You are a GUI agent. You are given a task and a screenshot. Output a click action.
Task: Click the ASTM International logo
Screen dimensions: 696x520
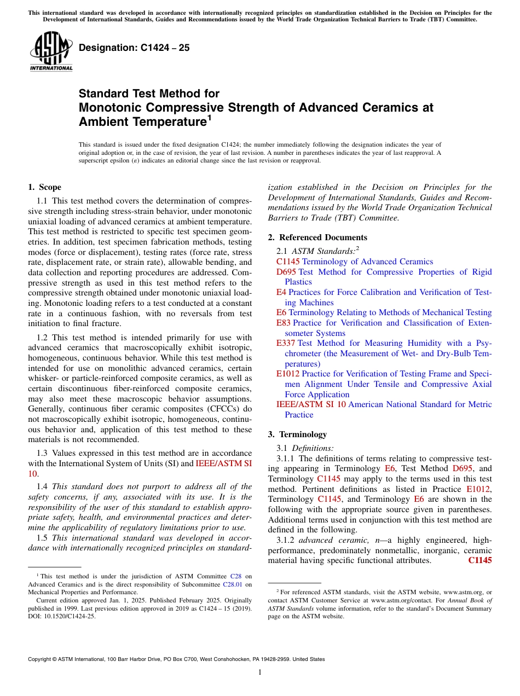[x=51, y=52]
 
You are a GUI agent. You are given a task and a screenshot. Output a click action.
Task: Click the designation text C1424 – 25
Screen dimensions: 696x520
[x=134, y=48]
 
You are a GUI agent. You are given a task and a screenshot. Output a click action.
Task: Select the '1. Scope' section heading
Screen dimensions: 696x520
[x=44, y=187]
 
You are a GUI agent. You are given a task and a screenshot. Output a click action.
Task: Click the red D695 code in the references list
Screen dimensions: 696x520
[x=286, y=272]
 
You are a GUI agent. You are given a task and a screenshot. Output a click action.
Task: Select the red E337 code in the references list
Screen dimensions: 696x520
[x=286, y=343]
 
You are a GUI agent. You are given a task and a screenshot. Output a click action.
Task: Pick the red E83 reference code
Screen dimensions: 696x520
[x=284, y=323]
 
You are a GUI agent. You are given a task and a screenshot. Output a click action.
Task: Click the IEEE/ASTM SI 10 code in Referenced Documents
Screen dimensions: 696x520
[x=311, y=404]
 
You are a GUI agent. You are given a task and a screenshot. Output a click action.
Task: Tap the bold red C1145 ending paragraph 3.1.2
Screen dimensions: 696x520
[x=480, y=560]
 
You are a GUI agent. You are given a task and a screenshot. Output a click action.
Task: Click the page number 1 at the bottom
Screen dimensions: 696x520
[x=260, y=672]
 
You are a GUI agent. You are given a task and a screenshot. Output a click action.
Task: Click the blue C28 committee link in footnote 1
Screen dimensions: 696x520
[x=235, y=576]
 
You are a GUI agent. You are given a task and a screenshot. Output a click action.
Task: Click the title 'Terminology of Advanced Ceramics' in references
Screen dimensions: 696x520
[x=367, y=262]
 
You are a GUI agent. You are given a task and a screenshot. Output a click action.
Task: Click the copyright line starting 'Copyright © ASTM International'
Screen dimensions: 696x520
[x=176, y=659]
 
